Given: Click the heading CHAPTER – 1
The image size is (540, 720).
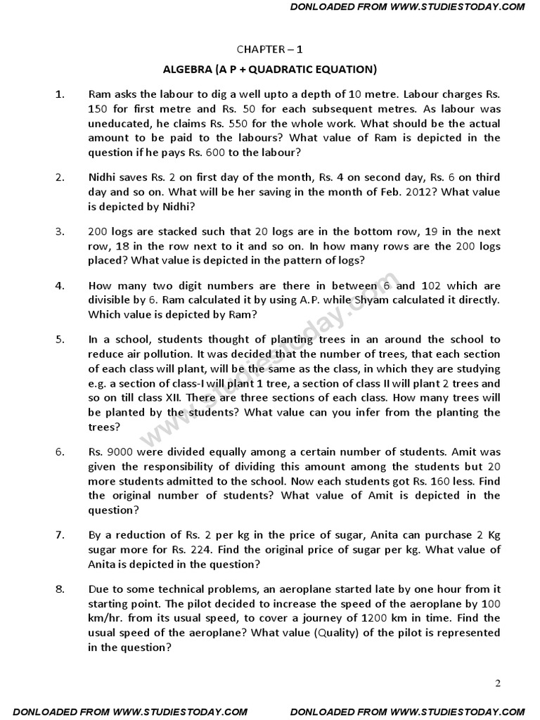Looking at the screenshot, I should pyautogui.click(x=270, y=49).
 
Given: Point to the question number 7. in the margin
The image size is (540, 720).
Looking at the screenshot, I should pyautogui.click(x=60, y=535).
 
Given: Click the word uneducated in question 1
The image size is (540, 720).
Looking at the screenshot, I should pyautogui.click(x=120, y=122).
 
